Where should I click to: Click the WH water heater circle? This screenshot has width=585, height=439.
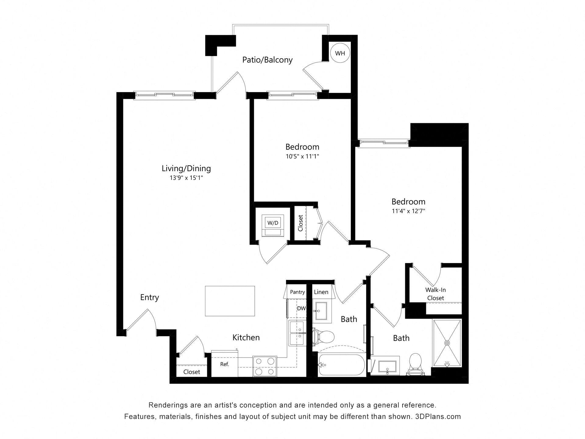(x=340, y=53)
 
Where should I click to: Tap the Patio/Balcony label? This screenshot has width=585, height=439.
(x=267, y=60)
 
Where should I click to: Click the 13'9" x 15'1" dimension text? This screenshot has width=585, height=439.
(x=186, y=178)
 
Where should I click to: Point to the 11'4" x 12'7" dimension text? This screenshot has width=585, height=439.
(x=408, y=211)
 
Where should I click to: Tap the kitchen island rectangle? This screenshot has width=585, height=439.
(x=230, y=301)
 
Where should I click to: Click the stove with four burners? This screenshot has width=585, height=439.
(x=265, y=366)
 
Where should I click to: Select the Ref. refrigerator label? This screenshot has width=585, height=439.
(x=225, y=364)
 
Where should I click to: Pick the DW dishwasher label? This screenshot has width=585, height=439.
(x=301, y=309)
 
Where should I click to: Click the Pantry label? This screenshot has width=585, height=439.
(x=297, y=292)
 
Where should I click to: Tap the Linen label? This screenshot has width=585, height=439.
(x=321, y=292)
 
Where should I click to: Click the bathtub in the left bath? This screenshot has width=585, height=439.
(x=341, y=365)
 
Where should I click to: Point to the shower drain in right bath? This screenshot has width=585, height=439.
(x=447, y=343)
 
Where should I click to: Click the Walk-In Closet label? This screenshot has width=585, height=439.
(x=435, y=294)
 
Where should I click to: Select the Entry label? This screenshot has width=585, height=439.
(x=149, y=297)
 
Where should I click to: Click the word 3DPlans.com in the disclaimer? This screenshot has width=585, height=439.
(x=438, y=416)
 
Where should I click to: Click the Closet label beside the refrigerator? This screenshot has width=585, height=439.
(x=192, y=372)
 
